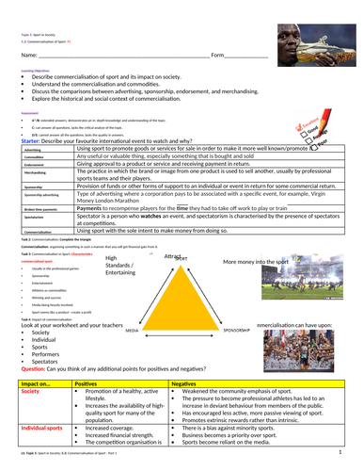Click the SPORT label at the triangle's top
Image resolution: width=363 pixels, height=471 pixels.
[x=182, y=257]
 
